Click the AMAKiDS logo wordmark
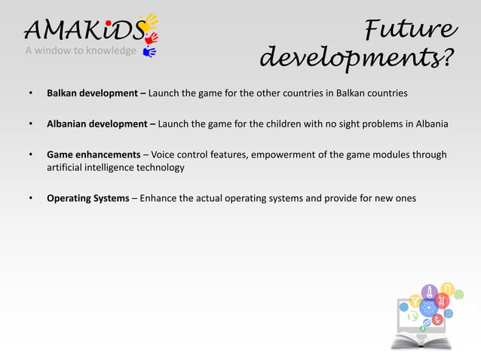[79, 29]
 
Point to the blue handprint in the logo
[149, 52]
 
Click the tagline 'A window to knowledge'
[81, 51]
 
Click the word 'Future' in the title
[410, 29]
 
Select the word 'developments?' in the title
[357, 57]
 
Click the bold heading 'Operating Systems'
[87, 199]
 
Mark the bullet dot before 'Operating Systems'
[30, 199]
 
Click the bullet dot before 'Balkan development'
[30, 94]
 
